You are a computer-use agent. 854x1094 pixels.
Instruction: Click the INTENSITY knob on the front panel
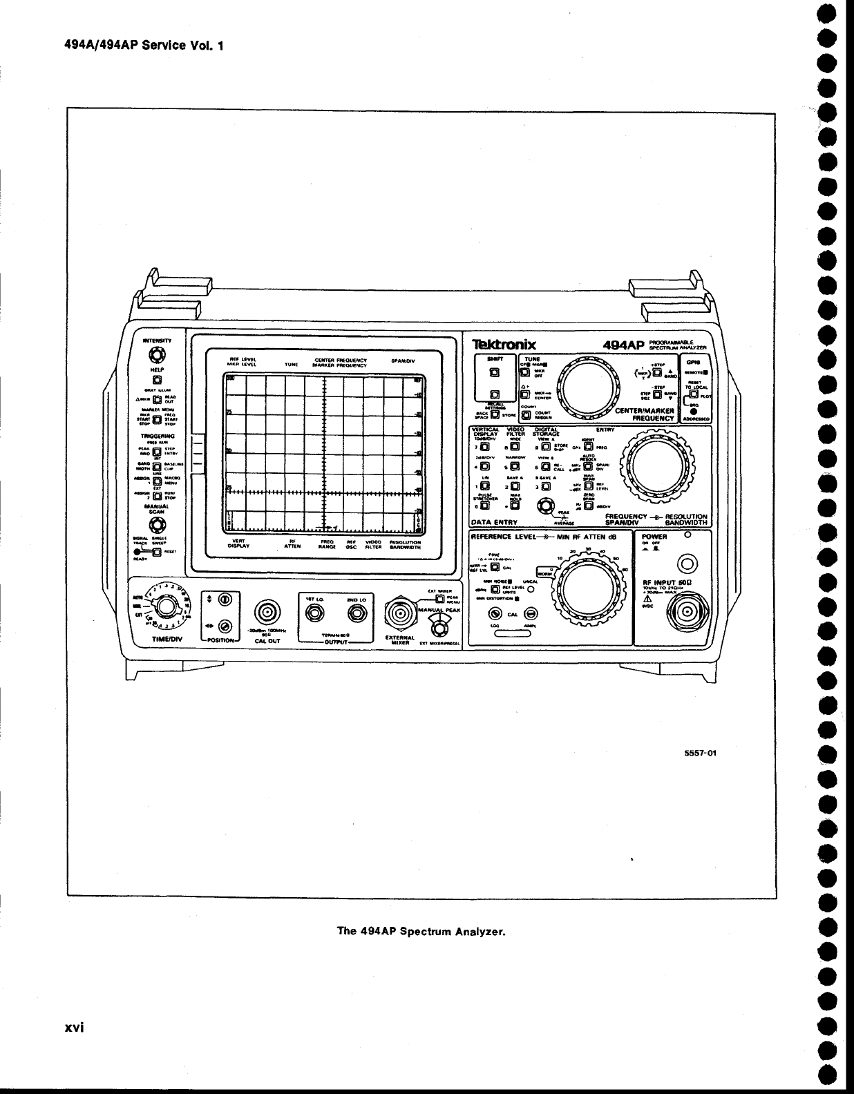tap(157, 356)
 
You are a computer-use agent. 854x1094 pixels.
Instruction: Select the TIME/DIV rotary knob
tap(165, 607)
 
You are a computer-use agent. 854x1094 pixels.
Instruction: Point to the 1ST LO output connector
tap(314, 612)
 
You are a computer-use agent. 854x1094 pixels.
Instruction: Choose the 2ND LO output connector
tap(358, 612)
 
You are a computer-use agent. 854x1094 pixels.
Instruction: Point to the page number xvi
tap(75, 1027)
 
